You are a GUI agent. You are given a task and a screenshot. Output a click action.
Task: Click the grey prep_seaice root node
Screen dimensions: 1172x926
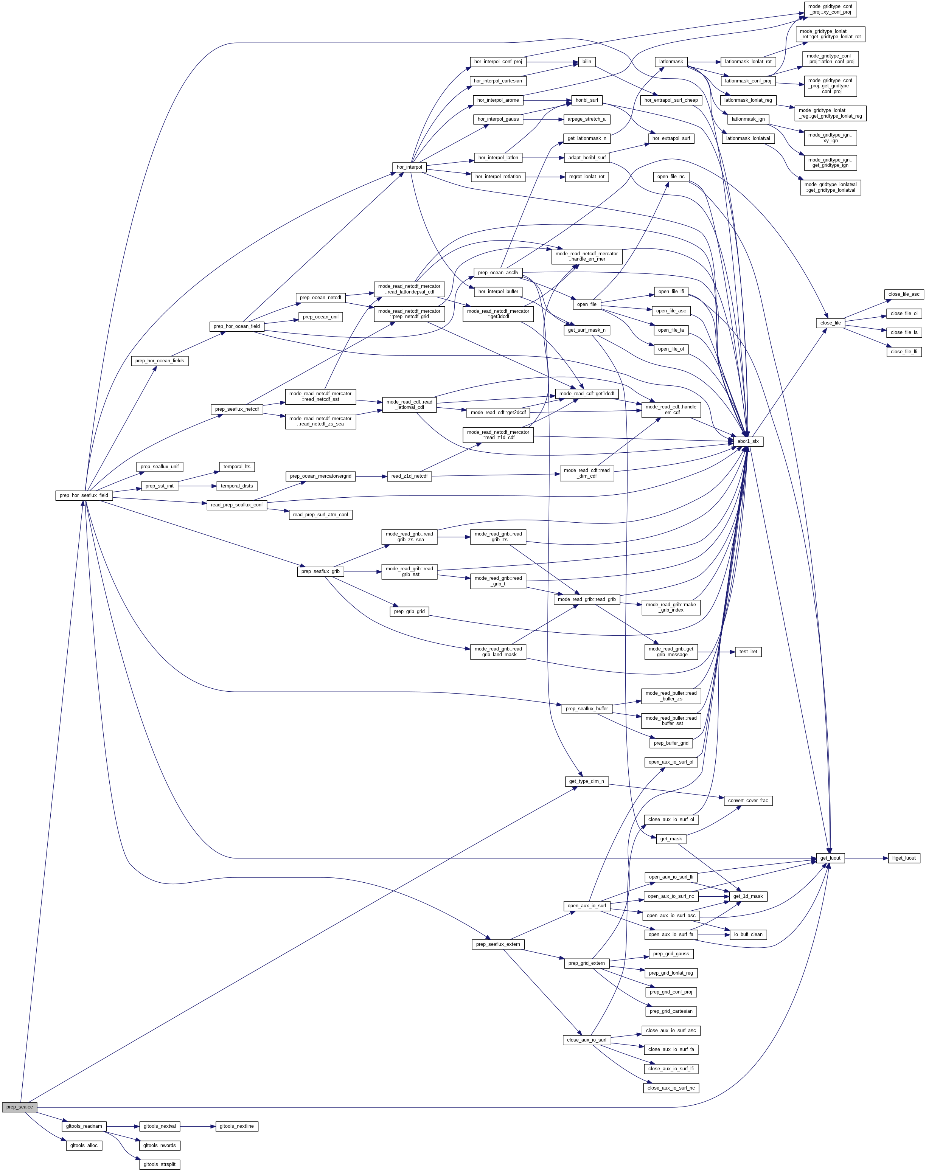click(x=20, y=1107)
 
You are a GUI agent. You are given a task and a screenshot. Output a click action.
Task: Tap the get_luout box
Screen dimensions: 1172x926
click(x=830, y=858)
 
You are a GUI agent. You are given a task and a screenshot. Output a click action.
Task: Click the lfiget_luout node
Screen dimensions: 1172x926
click(x=903, y=858)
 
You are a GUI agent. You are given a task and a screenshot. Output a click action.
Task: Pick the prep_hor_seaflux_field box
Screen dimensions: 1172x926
click(x=84, y=495)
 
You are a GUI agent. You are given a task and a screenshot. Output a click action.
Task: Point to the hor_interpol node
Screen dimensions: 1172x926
click(x=409, y=167)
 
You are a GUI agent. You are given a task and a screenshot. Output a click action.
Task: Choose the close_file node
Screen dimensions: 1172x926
click(x=830, y=323)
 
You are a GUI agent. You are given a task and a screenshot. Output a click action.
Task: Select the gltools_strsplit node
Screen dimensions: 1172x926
click(x=159, y=1164)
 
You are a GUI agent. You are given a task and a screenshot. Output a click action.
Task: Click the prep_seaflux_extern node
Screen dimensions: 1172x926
click(x=498, y=944)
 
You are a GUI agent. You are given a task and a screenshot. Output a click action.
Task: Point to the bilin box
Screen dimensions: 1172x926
click(x=587, y=62)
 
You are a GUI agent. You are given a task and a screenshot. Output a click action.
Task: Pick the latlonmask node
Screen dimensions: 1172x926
click(x=671, y=62)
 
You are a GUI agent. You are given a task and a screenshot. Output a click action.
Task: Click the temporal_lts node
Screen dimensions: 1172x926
click(x=237, y=467)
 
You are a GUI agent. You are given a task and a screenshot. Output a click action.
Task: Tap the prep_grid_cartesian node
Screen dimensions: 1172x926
click(x=671, y=1011)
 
